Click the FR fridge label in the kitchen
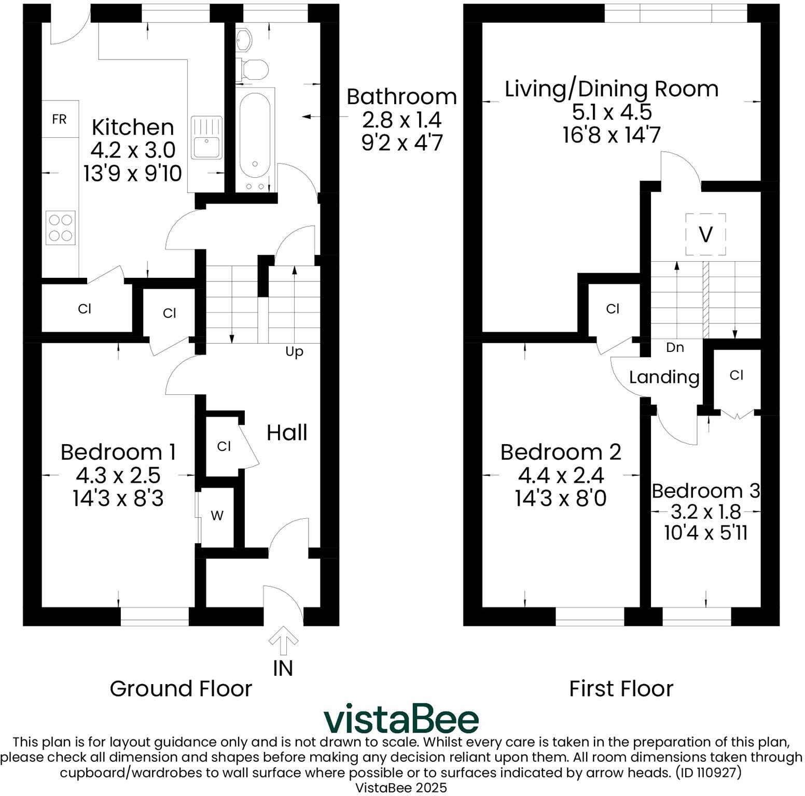coord(60,119)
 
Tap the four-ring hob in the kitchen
coord(61,228)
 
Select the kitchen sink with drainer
coord(206,137)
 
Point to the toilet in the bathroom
coord(253,69)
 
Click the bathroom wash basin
coord(244,39)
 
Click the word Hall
coord(287,432)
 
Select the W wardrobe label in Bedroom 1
coord(217,516)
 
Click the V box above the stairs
coord(705,234)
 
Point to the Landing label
coord(664,377)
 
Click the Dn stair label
coord(675,347)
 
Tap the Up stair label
coord(294,352)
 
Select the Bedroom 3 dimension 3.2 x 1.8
coord(705,512)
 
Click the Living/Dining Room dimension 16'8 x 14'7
coord(612,136)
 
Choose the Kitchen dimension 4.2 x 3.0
coord(133,150)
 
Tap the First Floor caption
coord(621,689)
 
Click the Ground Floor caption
coord(181,689)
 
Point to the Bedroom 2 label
coord(561,452)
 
